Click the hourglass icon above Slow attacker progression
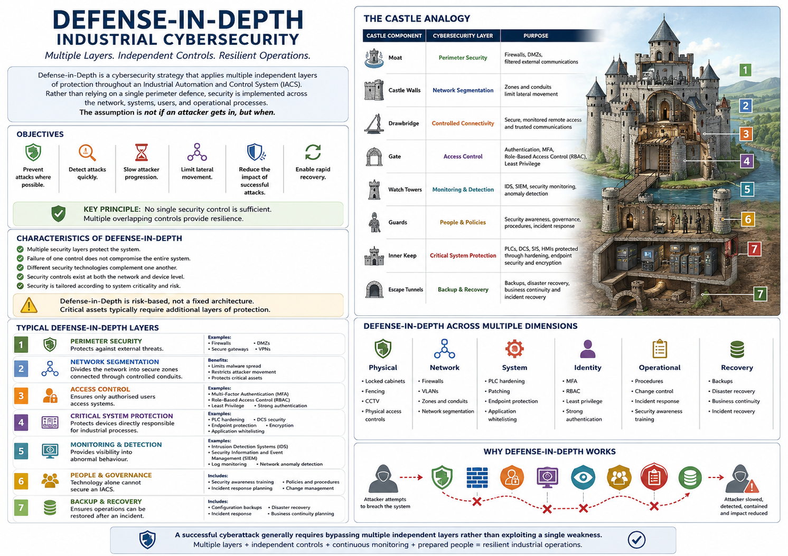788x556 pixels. click(142, 152)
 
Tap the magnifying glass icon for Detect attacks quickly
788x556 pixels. click(87, 152)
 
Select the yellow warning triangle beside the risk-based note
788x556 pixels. click(29, 305)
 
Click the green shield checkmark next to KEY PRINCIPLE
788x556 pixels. click(59, 214)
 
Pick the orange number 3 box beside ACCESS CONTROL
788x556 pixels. click(21, 396)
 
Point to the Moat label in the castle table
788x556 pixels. click(395, 57)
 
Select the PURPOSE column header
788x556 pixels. click(536, 35)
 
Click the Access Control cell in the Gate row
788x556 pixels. click(463, 156)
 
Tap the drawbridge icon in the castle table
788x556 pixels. click(374, 123)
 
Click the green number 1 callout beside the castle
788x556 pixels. click(745, 70)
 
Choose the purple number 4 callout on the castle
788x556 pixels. click(746, 161)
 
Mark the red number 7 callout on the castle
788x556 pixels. click(754, 249)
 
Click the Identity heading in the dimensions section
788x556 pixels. click(587, 368)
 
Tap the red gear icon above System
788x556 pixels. click(514, 349)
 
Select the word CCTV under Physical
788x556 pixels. click(372, 401)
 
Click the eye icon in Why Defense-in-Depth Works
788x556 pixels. click(583, 477)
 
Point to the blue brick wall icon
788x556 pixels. click(477, 477)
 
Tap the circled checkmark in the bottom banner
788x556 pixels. click(636, 540)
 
